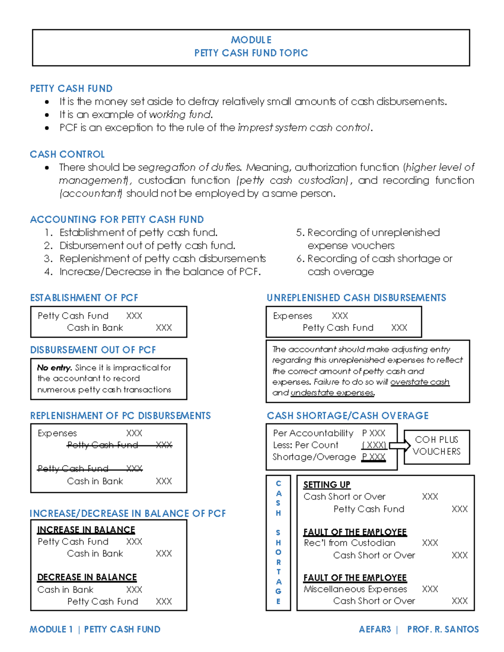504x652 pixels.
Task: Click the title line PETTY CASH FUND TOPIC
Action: pyautogui.click(x=251, y=53)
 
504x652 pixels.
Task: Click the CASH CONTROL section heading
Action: pyautogui.click(x=67, y=154)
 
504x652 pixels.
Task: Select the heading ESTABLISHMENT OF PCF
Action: pyautogui.click(x=84, y=298)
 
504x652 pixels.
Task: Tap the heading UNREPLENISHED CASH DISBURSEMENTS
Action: pyautogui.click(x=356, y=298)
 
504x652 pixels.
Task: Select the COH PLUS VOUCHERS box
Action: pyautogui.click(x=436, y=446)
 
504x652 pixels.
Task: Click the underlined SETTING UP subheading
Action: pyautogui.click(x=327, y=484)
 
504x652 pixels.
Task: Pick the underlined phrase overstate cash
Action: pyautogui.click(x=420, y=382)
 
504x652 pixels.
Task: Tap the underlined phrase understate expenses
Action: pyautogui.click(x=332, y=393)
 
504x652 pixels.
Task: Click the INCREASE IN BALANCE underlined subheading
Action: pyautogui.click(x=86, y=530)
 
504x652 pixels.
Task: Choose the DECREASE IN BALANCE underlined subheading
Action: pyautogui.click(x=87, y=577)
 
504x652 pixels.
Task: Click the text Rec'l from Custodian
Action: pyautogui.click(x=349, y=543)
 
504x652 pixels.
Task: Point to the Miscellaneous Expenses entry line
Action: pyautogui.click(x=355, y=589)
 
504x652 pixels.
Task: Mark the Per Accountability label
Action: pyautogui.click(x=313, y=433)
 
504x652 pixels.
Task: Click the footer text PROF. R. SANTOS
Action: pyautogui.click(x=443, y=629)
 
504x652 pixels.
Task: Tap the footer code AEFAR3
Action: pyautogui.click(x=375, y=629)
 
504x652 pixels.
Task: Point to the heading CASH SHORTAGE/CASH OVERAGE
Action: pyautogui.click(x=348, y=416)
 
